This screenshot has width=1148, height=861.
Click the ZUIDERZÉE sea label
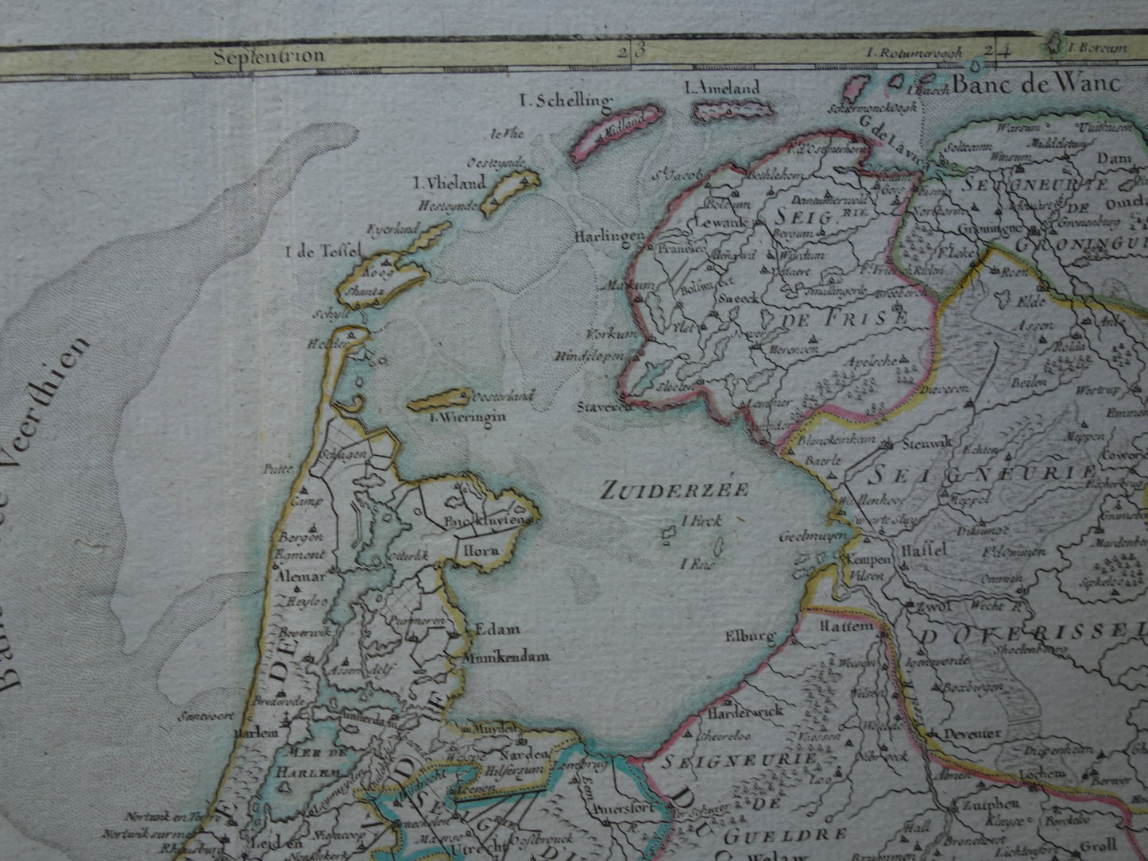[x=674, y=489]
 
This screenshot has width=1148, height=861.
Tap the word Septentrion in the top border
[x=269, y=56]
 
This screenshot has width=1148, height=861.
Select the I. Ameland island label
[x=722, y=88]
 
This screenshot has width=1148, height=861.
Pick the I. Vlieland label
[x=450, y=183]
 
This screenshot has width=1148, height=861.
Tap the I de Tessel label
[x=323, y=253]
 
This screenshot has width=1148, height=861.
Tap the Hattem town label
[x=852, y=626]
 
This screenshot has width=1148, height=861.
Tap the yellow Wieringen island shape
[x=439, y=398]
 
